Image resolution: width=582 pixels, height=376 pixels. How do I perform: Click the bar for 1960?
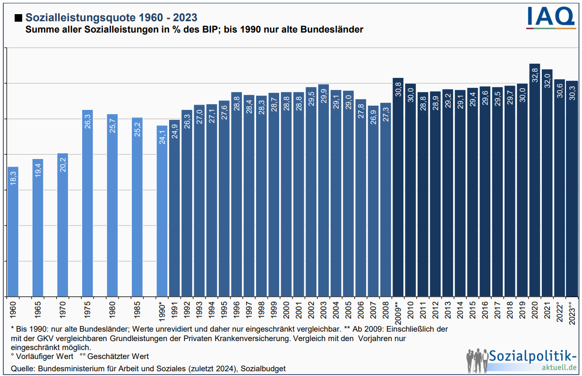click(13, 231)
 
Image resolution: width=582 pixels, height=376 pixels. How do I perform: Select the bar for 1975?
click(87, 203)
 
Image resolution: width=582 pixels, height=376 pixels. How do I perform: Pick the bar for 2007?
click(373, 201)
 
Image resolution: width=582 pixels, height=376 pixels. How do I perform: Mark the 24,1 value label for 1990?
click(162, 136)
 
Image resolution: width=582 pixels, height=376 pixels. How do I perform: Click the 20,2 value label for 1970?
click(63, 163)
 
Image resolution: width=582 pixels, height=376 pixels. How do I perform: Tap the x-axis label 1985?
click(137, 309)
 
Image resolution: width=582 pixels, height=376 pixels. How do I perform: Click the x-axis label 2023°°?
click(572, 312)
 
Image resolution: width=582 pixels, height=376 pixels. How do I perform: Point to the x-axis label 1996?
click(237, 309)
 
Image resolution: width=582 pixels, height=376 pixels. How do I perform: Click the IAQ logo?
click(551, 18)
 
